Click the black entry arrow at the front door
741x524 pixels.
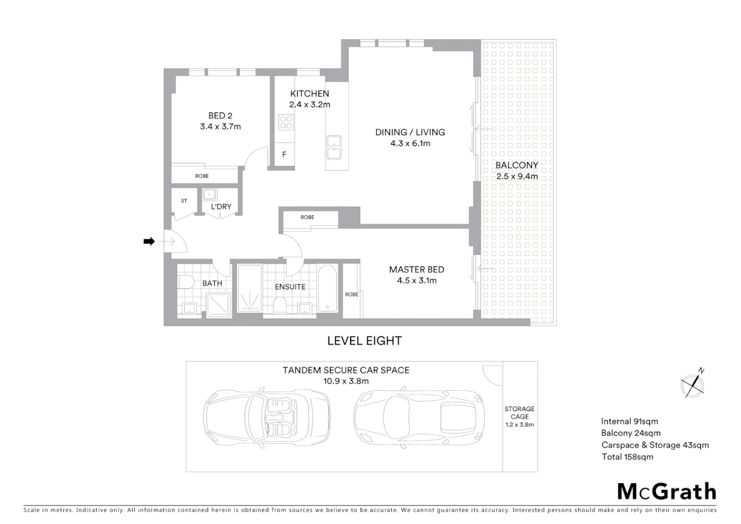tap(149, 241)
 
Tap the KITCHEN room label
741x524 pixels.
tap(309, 94)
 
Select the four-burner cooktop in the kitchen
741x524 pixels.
tap(286, 122)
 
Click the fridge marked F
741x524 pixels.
tap(284, 155)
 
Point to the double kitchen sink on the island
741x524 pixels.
tap(334, 147)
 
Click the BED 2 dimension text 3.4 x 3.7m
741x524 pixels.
tap(220, 127)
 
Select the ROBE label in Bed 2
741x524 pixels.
tap(202, 176)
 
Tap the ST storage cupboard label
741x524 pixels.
tap(184, 201)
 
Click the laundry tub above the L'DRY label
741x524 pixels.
tap(209, 195)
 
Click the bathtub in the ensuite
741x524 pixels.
tap(328, 288)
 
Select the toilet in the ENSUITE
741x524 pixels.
tap(279, 305)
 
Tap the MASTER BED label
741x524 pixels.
tap(417, 270)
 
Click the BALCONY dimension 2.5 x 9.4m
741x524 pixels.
tap(517, 177)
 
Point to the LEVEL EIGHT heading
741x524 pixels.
tap(365, 341)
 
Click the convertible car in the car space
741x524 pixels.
tap(267, 416)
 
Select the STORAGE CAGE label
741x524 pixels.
tap(519, 413)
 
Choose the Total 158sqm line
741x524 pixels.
tap(627, 457)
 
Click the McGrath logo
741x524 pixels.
tap(667, 491)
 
